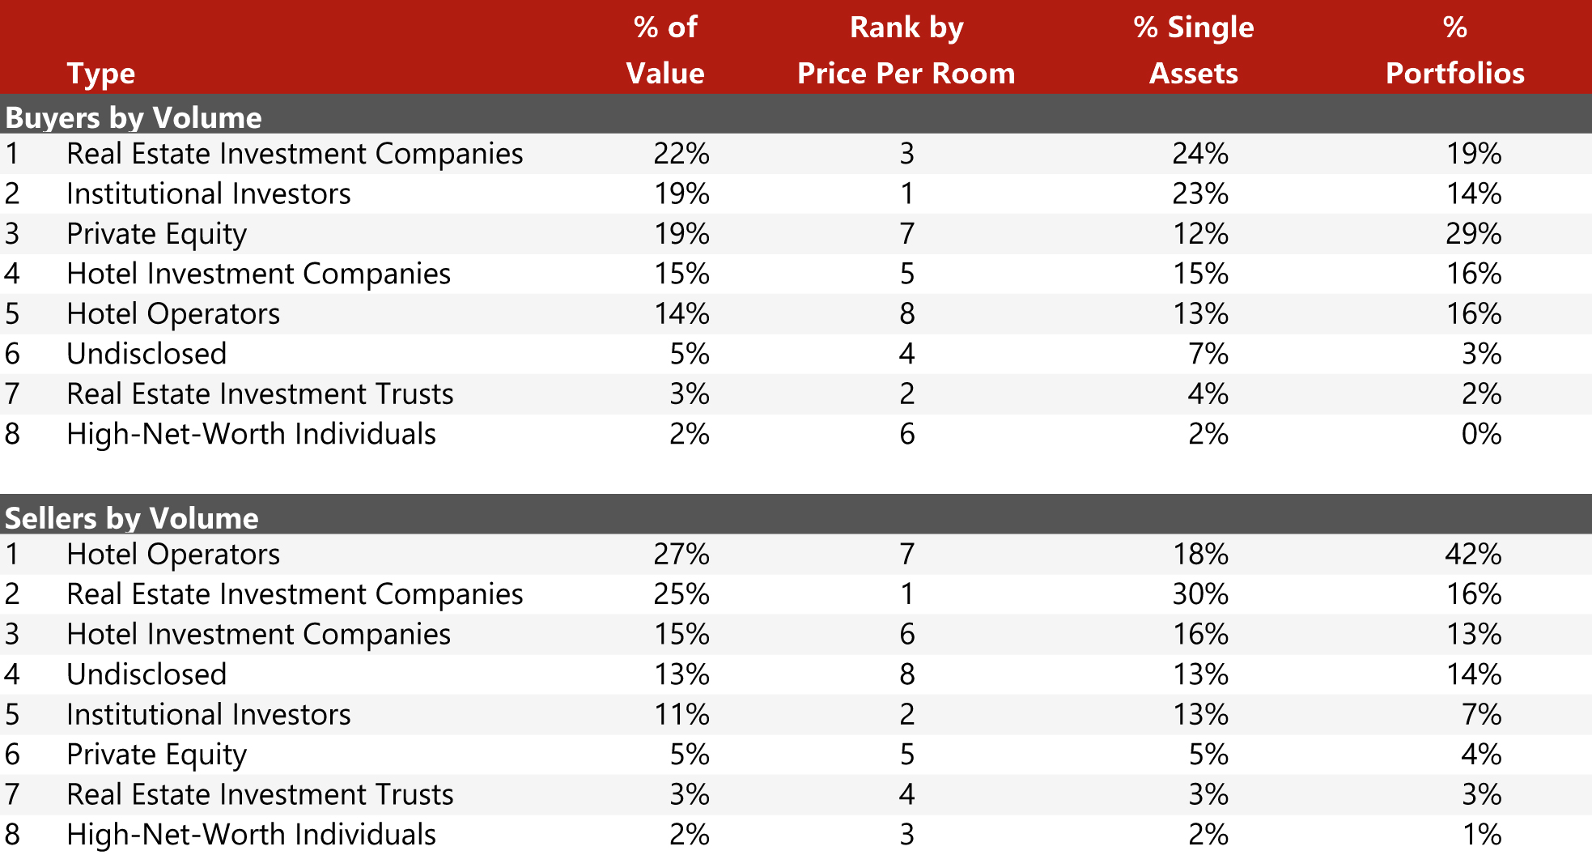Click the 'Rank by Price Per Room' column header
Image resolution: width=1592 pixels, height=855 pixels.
(x=906, y=50)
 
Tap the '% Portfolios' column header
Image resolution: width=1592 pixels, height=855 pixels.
(x=1454, y=50)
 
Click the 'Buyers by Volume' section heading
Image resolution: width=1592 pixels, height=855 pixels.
(x=134, y=118)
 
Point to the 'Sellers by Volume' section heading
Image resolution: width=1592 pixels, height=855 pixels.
(x=132, y=518)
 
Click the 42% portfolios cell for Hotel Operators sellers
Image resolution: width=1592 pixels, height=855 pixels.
(x=1473, y=555)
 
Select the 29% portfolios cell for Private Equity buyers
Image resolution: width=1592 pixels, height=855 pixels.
(x=1473, y=234)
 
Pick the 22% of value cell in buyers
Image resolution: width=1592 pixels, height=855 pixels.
(x=681, y=154)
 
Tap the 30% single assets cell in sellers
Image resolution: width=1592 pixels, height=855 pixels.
(x=1200, y=594)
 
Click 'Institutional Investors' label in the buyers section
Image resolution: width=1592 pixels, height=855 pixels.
(x=209, y=194)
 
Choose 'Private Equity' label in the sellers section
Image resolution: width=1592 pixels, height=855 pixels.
(x=156, y=755)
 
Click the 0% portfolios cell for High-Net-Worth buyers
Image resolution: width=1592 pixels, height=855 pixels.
(x=1481, y=435)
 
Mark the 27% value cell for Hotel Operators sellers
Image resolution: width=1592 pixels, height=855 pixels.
(x=681, y=555)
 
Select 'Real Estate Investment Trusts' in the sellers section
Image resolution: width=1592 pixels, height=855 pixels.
(x=260, y=795)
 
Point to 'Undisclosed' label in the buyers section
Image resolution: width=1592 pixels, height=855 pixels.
(x=146, y=355)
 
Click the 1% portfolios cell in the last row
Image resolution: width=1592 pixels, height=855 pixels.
(x=1481, y=835)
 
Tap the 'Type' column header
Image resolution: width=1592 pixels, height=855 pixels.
(x=100, y=74)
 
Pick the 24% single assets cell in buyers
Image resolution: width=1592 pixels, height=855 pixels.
(x=1200, y=154)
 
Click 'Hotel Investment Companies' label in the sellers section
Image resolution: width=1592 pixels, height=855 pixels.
(x=258, y=635)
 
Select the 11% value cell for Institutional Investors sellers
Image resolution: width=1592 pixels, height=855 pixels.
(x=681, y=715)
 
